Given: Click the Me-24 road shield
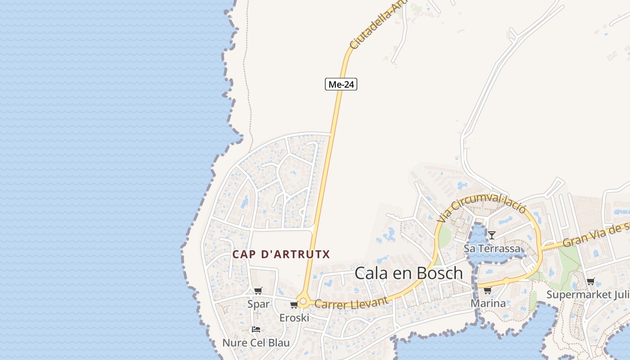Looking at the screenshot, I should click(341, 84).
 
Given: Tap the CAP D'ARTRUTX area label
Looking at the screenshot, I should click(281, 254).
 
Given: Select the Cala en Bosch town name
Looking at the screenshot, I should click(409, 273).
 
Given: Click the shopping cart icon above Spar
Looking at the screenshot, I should click(258, 291).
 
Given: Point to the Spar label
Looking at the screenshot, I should click(259, 304).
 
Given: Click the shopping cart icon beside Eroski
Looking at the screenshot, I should click(294, 305).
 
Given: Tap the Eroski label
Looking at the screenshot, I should click(294, 318).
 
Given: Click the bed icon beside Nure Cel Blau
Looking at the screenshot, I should click(256, 329).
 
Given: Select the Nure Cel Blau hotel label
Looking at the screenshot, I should click(256, 342).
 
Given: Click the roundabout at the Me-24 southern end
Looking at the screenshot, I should click(303, 301).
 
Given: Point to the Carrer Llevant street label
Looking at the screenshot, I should click(351, 303).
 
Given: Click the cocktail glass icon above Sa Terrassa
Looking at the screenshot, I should click(492, 235).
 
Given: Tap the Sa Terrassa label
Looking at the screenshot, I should click(492, 248).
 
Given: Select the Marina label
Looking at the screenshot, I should click(488, 303).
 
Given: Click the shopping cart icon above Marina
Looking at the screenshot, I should click(487, 290).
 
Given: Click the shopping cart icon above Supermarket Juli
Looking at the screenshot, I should click(590, 282).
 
